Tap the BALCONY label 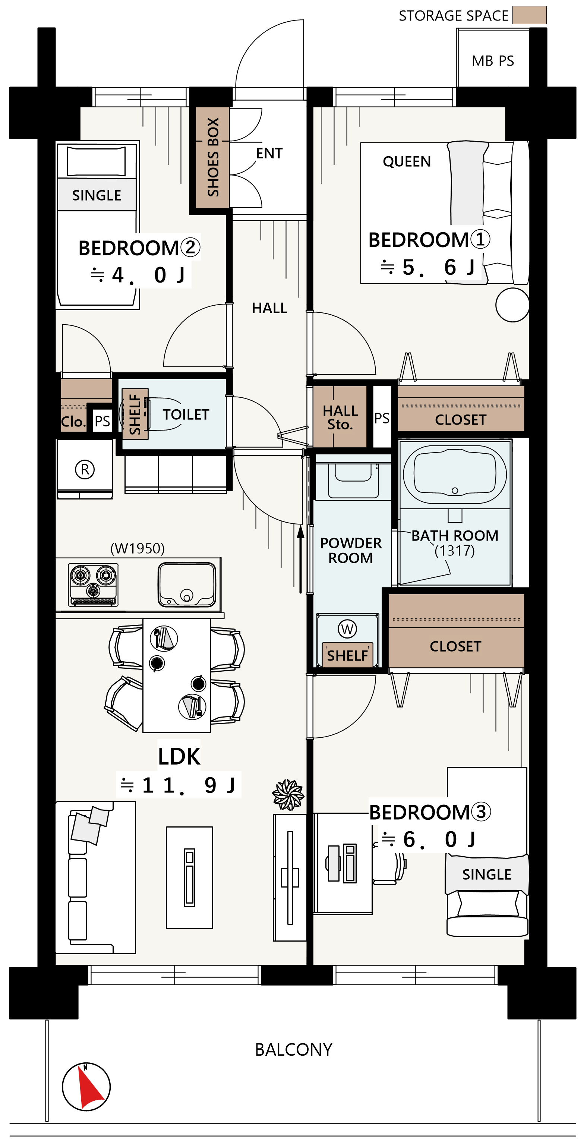[294, 1050]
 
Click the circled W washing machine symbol [347, 629]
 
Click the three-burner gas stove [93, 584]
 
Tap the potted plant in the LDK [288, 795]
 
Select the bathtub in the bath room [455, 474]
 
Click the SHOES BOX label [213, 157]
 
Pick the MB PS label [493, 61]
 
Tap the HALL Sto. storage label [340, 417]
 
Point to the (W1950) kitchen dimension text [137, 548]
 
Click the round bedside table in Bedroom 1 [512, 305]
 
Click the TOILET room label [186, 415]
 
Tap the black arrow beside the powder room [301, 559]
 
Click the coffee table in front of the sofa [190, 877]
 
